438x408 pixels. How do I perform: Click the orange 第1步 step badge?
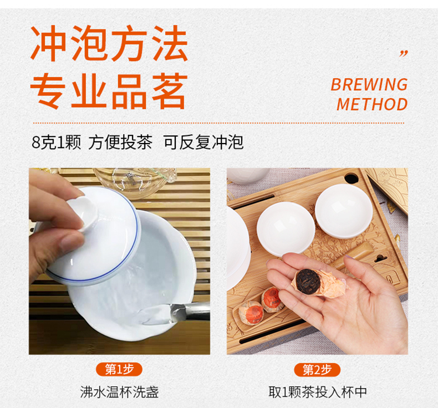pos(119,369)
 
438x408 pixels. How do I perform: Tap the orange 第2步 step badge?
pos(317,369)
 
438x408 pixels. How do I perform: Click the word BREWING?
pos(369,84)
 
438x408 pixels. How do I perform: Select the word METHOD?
pos(372,104)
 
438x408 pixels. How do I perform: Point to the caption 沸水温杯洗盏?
pos(119,392)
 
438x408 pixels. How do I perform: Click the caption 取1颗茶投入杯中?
pos(318,392)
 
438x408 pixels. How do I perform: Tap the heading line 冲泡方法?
pos(109,43)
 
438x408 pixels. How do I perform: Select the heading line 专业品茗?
pos(109,91)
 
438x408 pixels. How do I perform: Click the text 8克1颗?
pos(56,142)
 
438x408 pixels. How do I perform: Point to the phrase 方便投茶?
pos(120,142)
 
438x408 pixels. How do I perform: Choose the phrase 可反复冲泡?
pos(203,142)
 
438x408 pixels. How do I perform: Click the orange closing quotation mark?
pos(404,54)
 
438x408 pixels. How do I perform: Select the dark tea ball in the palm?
pos(308,281)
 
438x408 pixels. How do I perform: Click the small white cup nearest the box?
pos(344,211)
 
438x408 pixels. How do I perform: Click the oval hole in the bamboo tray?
pos(351,178)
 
